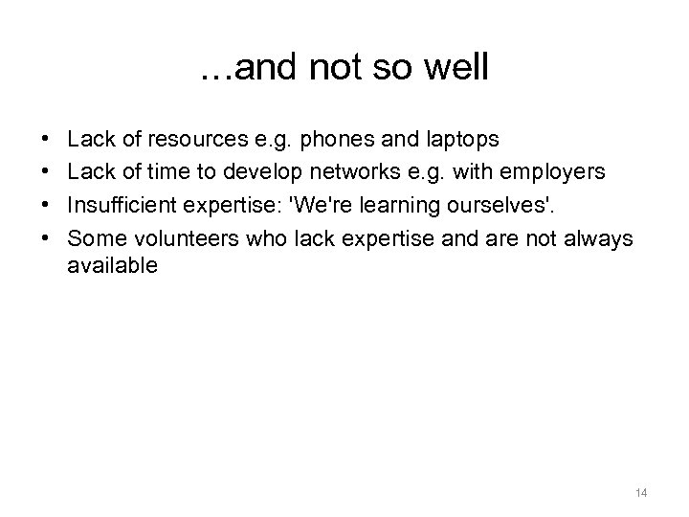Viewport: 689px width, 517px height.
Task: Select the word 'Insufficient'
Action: click(x=120, y=204)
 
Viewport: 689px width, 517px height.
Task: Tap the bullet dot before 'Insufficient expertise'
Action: click(x=47, y=204)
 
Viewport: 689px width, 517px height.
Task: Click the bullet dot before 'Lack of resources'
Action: click(x=47, y=140)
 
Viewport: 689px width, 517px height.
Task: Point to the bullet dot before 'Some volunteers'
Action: click(x=47, y=236)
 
